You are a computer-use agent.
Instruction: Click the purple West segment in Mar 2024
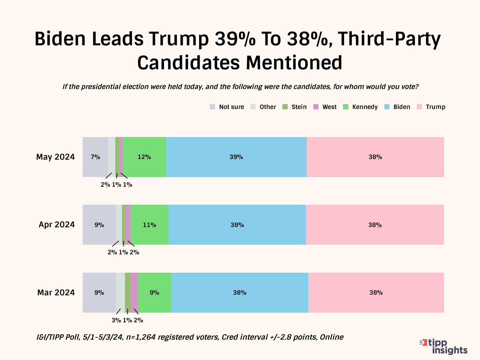[134, 292]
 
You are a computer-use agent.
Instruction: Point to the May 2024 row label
[55, 157]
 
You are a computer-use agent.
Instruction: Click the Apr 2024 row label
[57, 225]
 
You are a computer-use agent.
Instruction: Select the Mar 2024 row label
[56, 292]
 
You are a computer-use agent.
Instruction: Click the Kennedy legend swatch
[346, 107]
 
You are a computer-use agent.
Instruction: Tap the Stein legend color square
[285, 107]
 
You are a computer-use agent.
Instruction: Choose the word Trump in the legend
[435, 107]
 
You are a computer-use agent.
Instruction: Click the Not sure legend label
[231, 107]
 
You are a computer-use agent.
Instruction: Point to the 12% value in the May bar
[144, 157]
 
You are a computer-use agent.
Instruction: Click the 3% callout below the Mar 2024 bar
[116, 320]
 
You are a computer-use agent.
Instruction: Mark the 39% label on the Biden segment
[236, 157]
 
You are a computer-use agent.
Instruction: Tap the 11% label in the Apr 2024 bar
[149, 225]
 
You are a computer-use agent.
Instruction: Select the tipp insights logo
[444, 346]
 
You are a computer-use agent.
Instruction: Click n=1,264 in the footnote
[141, 337]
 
